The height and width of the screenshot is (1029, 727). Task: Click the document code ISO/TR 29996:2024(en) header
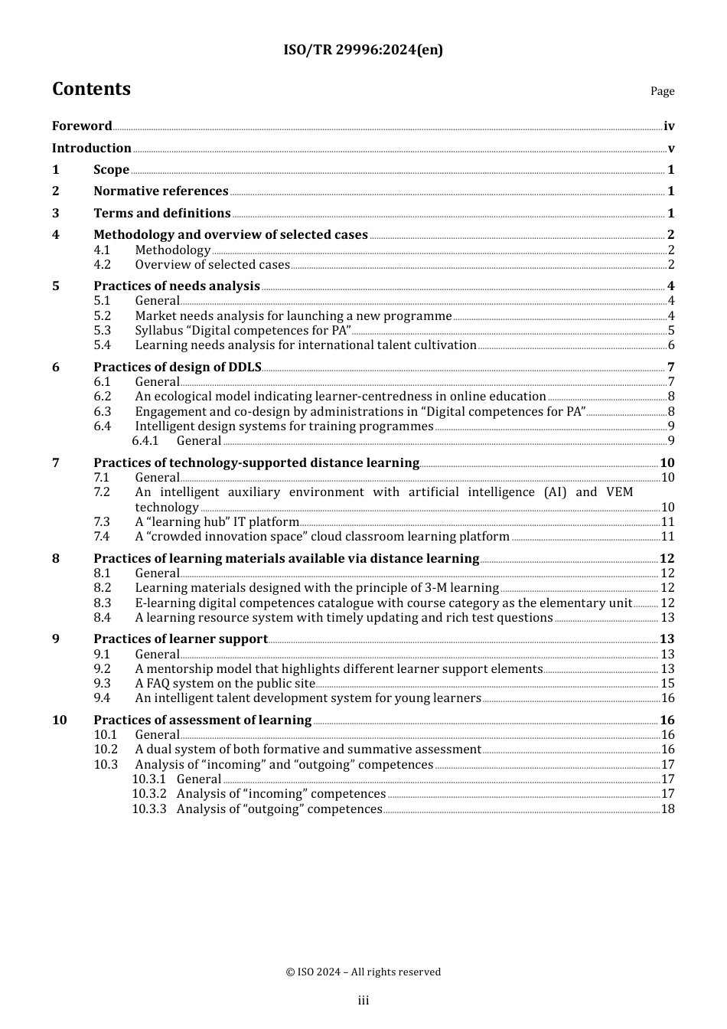tap(363, 51)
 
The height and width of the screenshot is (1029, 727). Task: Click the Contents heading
tap(91, 90)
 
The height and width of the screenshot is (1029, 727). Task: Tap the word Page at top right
tap(662, 91)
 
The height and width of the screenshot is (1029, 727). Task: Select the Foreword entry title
tap(82, 126)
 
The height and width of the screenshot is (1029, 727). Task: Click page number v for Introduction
tap(670, 149)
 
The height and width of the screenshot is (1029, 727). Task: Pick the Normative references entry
tap(161, 191)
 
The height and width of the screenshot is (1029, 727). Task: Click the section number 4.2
tap(102, 265)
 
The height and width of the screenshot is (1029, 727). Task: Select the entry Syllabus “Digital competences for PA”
tap(243, 331)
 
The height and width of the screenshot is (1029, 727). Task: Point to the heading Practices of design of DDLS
tap(177, 367)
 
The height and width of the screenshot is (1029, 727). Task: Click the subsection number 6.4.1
tap(145, 441)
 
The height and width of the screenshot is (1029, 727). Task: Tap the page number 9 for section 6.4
tap(671, 426)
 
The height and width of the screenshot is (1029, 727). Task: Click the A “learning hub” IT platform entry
tap(217, 522)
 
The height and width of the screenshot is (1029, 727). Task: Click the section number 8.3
tap(102, 603)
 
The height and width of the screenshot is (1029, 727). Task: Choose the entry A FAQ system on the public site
tap(225, 684)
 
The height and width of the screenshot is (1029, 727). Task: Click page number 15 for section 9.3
tap(667, 684)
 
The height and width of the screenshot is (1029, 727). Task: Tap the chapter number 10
tap(59, 720)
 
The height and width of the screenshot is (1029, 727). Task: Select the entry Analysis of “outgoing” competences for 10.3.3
tap(279, 809)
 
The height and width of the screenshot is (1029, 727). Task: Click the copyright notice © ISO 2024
tap(363, 972)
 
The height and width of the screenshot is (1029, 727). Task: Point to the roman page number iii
tap(363, 1001)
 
